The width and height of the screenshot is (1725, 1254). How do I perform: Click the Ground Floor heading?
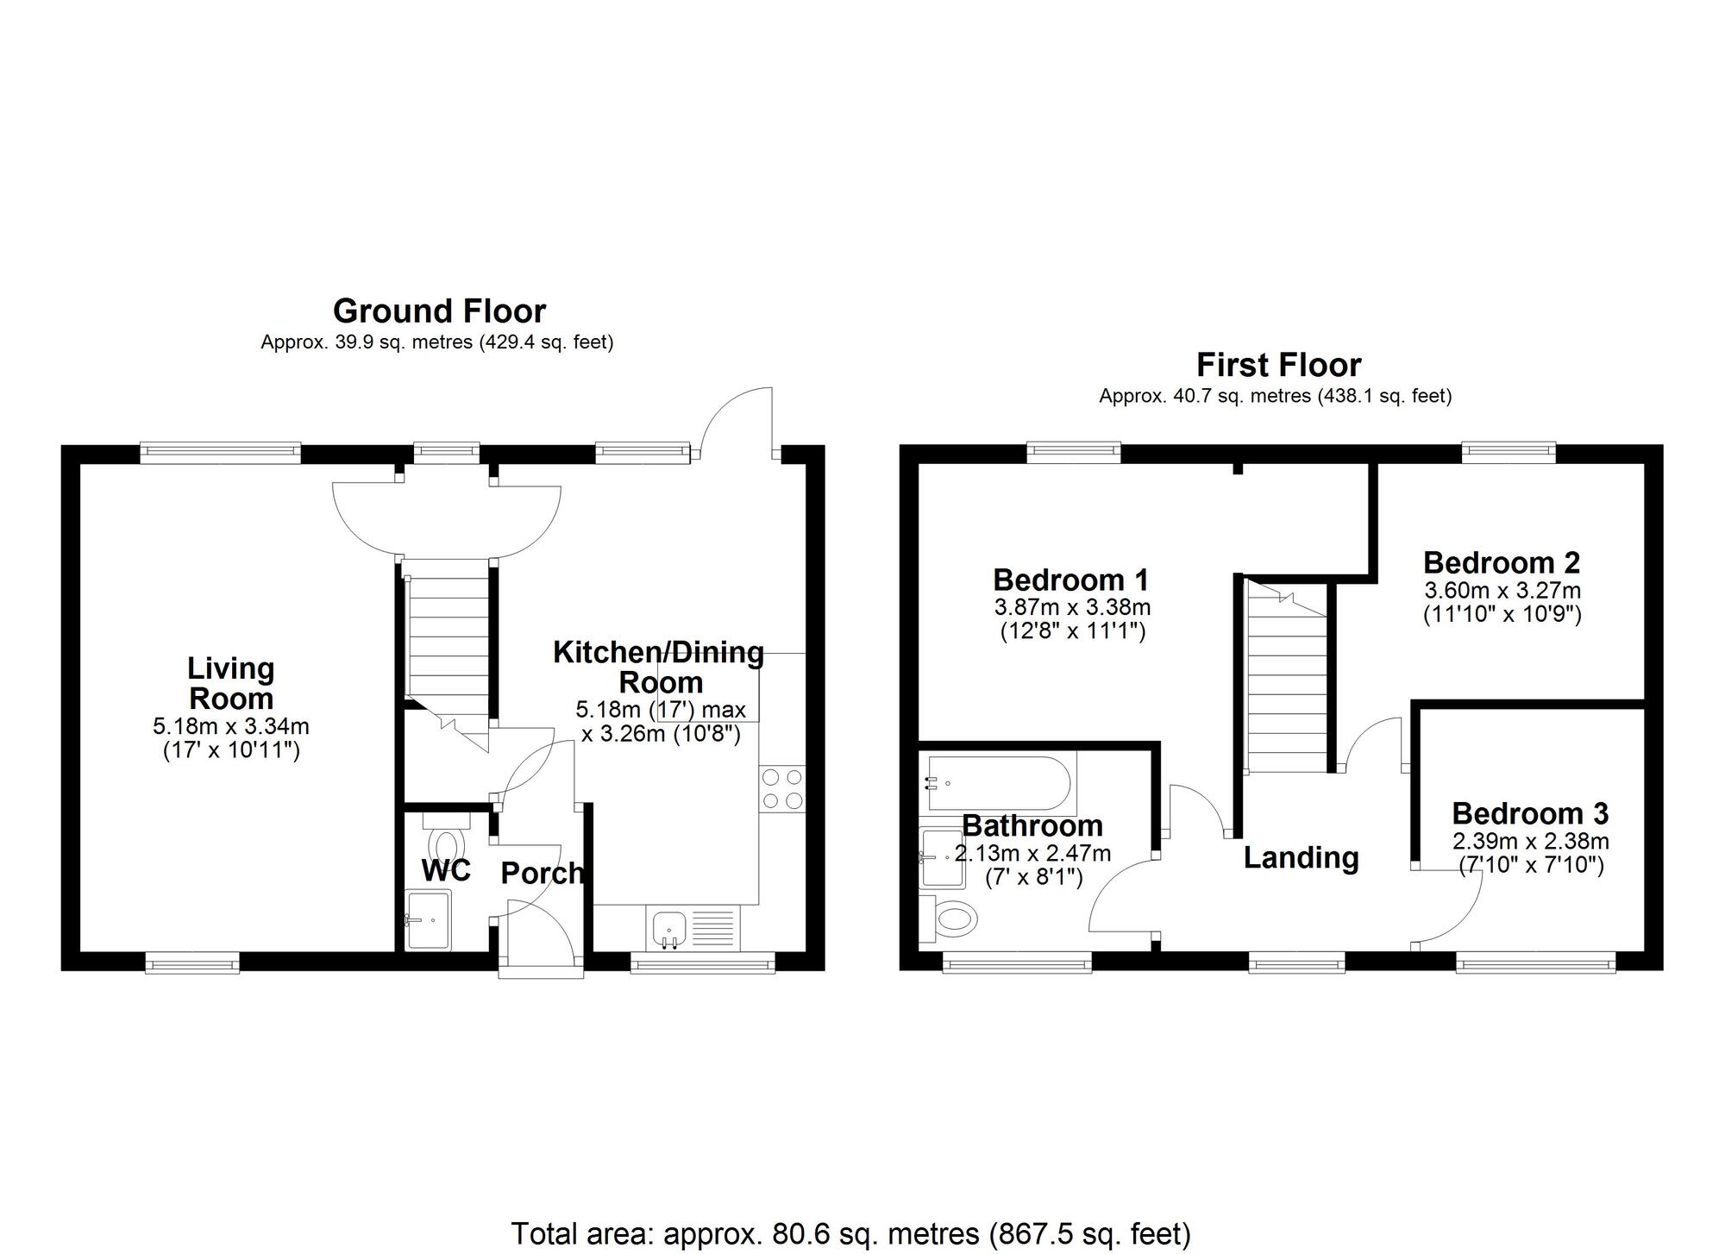(x=439, y=311)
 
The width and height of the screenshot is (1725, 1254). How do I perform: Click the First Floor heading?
(x=1277, y=366)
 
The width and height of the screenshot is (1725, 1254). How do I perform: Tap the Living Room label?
(x=231, y=683)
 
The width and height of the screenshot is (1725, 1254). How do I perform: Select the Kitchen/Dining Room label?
(x=659, y=667)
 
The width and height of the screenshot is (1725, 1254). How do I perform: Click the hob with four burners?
(x=782, y=789)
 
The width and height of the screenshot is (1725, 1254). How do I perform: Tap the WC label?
(x=446, y=871)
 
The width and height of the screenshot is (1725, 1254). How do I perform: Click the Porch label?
(x=542, y=874)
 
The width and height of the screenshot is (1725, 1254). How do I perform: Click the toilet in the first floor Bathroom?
(x=952, y=919)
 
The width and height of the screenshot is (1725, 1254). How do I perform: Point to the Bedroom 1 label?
(x=1070, y=580)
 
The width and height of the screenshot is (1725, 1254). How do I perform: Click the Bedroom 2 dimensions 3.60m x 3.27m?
(x=1502, y=591)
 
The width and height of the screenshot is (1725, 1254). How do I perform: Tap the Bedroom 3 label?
(x=1530, y=813)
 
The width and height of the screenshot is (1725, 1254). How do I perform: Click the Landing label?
(x=1301, y=857)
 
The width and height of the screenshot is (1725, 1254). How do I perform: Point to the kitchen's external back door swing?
(x=736, y=422)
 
